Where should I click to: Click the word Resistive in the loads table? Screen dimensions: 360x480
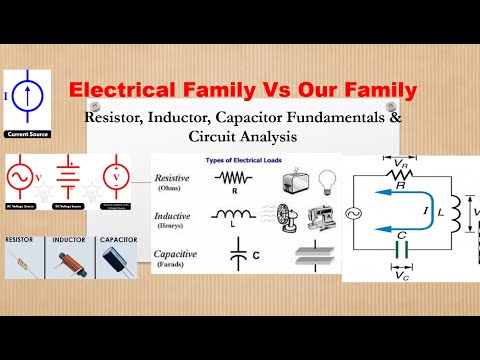pos(173,180)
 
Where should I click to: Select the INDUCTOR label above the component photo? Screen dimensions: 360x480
pos(67,241)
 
